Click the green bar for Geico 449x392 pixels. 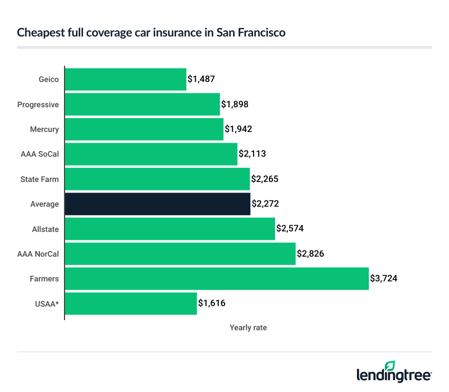click(126, 79)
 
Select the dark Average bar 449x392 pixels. click(158, 204)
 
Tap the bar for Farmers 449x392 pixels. click(217, 279)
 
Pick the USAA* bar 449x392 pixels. click(131, 303)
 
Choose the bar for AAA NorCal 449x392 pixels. click(180, 254)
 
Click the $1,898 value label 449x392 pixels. click(235, 104)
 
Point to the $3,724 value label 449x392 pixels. click(384, 279)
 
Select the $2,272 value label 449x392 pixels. click(265, 204)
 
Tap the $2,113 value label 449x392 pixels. click(253, 154)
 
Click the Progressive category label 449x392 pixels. click(38, 104)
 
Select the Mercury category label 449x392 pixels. click(44, 129)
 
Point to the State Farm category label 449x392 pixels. click(39, 179)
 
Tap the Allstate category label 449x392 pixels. click(45, 229)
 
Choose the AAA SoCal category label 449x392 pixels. click(40, 154)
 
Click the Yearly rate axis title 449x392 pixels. click(248, 327)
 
